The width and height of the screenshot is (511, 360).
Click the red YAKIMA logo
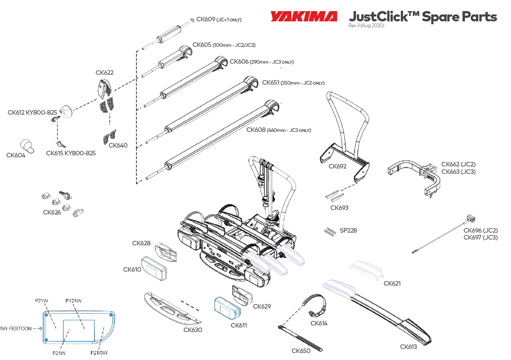303,16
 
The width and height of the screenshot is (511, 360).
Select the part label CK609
206,19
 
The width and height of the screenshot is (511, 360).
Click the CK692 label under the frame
338,166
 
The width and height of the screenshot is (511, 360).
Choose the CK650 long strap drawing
301,337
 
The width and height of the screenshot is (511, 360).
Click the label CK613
408,347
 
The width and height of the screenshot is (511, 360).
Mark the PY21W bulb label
74,301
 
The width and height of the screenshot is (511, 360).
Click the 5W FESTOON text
15,328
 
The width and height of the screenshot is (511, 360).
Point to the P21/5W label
99,353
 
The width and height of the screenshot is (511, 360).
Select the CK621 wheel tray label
392,284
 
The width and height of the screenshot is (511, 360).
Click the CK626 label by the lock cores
52,212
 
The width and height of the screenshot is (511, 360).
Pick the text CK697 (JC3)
480,238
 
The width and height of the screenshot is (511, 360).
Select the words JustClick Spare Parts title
423,17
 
